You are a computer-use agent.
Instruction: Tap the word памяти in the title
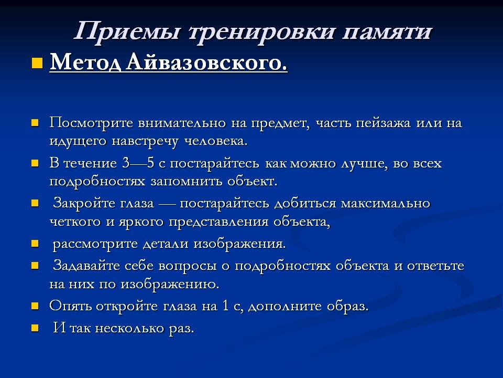click(x=387, y=33)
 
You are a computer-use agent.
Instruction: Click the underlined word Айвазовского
click(x=206, y=62)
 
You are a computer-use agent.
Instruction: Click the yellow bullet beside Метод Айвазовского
click(x=37, y=63)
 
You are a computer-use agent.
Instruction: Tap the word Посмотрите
click(x=91, y=123)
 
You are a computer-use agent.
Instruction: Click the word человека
click(x=215, y=141)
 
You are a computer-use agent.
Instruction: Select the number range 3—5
click(x=138, y=164)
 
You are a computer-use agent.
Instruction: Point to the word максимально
click(x=385, y=204)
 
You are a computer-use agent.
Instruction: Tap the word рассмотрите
click(x=95, y=244)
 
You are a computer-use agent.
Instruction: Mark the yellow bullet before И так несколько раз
click(x=35, y=328)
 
